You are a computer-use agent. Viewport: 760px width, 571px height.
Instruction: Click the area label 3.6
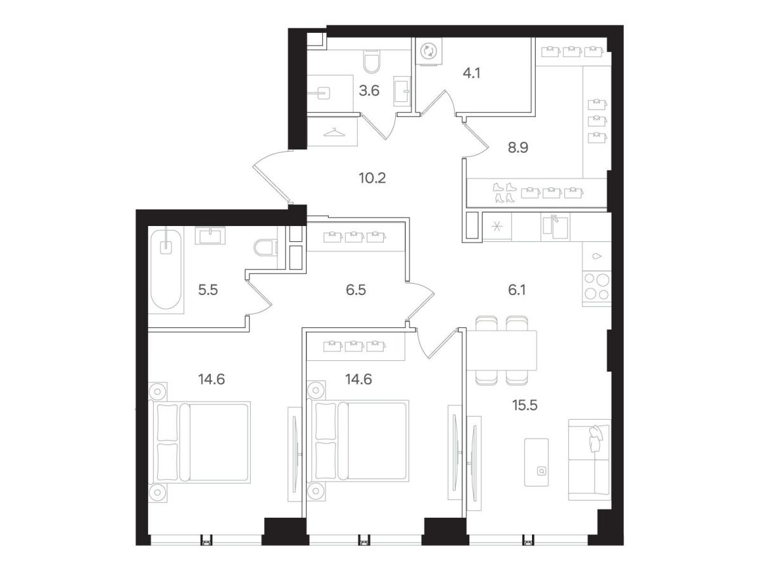click(x=369, y=91)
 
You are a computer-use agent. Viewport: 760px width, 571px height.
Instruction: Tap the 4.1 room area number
click(x=472, y=73)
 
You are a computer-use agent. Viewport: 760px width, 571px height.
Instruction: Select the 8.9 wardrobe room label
click(x=518, y=147)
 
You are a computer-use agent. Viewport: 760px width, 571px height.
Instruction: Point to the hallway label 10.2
click(x=372, y=179)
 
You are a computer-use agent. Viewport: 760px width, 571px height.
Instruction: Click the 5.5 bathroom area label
click(x=208, y=290)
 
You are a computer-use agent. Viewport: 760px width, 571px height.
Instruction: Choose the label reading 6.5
click(x=355, y=290)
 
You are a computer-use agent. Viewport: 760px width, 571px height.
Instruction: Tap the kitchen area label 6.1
click(x=517, y=290)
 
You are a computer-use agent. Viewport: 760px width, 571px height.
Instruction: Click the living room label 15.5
click(x=525, y=405)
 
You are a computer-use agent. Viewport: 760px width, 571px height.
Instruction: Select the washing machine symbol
click(x=429, y=51)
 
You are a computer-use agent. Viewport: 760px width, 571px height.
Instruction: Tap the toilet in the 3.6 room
click(x=372, y=61)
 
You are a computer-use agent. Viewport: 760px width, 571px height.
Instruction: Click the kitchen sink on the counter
click(x=555, y=227)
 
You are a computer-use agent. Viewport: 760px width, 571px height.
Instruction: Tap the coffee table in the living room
click(x=536, y=462)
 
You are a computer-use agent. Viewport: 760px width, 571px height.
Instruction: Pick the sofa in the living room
click(x=589, y=460)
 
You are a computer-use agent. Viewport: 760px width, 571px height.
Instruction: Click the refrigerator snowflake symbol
click(x=497, y=227)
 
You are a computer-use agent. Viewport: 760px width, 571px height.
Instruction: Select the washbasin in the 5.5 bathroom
click(x=210, y=235)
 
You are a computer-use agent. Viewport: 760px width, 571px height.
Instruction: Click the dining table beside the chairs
click(x=502, y=350)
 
